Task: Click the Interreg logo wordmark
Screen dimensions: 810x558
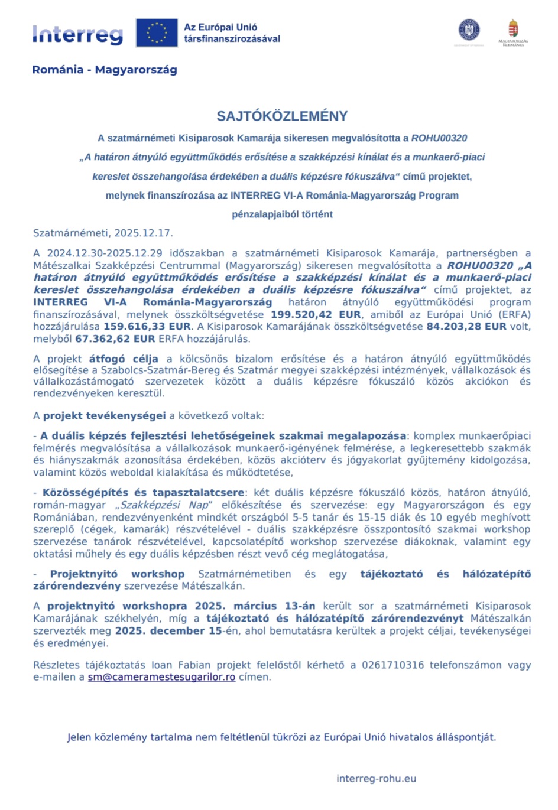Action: [x=77, y=35]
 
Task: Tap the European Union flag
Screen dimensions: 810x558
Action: [x=157, y=32]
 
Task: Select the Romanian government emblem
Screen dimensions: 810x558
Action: [x=469, y=30]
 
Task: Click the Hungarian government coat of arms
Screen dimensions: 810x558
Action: [x=513, y=30]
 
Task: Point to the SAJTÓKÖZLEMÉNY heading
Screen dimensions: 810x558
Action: [x=282, y=116]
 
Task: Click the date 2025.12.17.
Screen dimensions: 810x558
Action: [x=143, y=233]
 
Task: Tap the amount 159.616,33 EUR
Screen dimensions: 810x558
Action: [x=147, y=326]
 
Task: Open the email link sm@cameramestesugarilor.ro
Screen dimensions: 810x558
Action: [x=161, y=677]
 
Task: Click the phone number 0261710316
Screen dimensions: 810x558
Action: [x=392, y=665]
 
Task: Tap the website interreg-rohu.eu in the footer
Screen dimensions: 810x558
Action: [x=376, y=779]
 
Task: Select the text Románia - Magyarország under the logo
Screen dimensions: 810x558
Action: [x=105, y=70]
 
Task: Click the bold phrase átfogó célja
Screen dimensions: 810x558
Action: [x=124, y=359]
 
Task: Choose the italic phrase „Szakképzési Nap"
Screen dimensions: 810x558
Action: [x=164, y=505]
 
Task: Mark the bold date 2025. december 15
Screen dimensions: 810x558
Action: [x=168, y=630]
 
